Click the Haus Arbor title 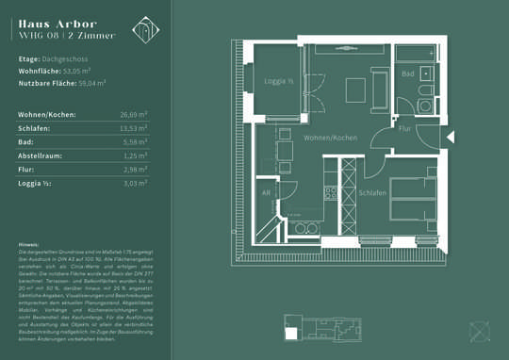pos(55,22)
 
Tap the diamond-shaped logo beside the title pos(145,29)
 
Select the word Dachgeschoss pos(68,58)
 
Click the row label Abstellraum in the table pos(41,155)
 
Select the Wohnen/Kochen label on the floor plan pos(330,138)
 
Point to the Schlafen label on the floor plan pos(371,192)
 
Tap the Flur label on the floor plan pos(404,127)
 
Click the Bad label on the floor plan pos(407,74)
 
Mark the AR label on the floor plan pos(266,192)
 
